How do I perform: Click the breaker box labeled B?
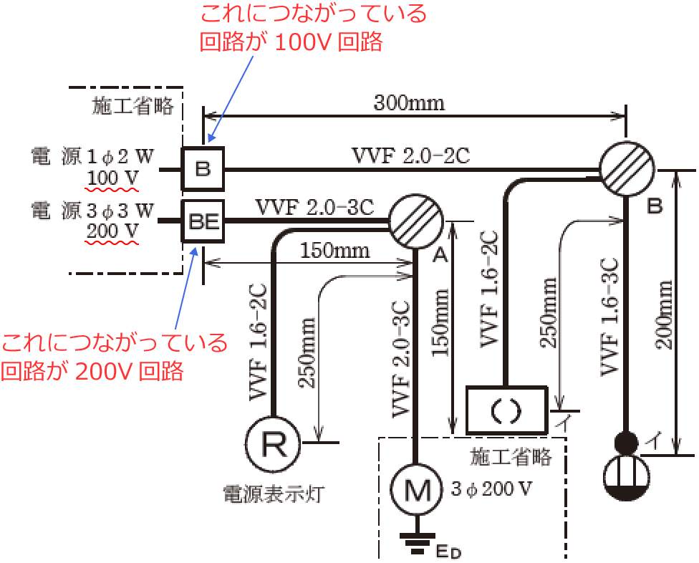point(203,169)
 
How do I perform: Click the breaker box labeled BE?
point(203,221)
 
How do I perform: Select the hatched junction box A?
point(416,221)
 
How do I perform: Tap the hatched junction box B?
point(627,170)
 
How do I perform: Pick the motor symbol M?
point(416,491)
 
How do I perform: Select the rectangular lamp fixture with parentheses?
point(507,409)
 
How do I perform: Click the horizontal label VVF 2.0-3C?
point(315,207)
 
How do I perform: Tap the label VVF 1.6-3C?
point(609,316)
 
